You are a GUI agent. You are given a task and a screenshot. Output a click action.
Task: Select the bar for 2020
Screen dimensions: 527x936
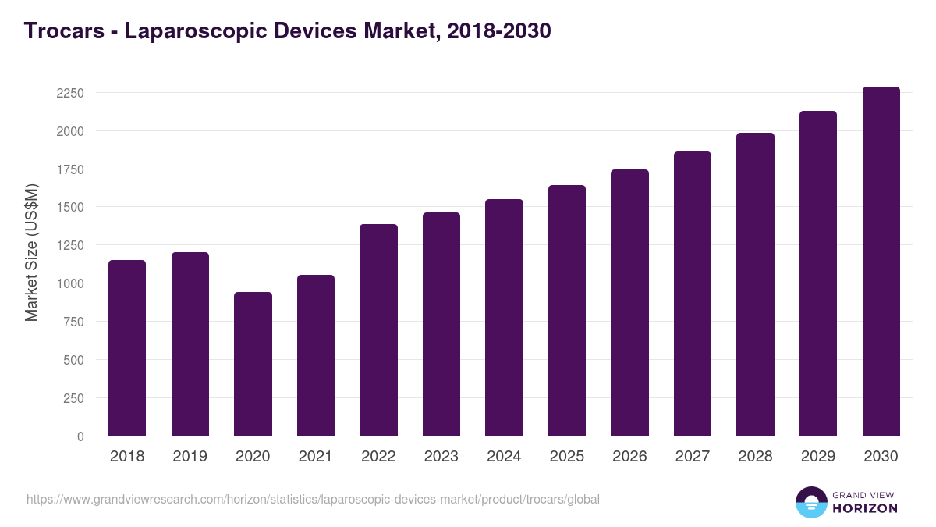coord(253,364)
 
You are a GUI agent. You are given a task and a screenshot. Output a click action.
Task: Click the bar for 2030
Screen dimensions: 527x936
coord(881,261)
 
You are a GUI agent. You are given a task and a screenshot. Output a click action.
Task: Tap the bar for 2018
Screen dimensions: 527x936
coord(127,347)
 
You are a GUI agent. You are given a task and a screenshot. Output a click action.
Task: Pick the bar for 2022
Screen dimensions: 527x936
coord(378,329)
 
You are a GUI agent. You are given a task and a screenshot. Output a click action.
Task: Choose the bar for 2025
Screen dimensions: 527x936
coord(567,310)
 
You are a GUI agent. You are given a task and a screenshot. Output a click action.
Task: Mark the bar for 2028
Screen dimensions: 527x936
coord(755,284)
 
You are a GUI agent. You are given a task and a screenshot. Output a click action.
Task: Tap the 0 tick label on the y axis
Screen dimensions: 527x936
coord(80,436)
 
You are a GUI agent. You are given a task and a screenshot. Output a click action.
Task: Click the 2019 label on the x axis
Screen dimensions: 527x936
coord(190,457)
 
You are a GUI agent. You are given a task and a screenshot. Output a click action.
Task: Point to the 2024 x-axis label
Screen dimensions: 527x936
coord(504,457)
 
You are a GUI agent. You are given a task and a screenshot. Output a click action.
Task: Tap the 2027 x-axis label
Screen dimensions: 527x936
coord(693,457)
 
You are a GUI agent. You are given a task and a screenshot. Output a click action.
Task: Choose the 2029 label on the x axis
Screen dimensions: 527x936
coord(818,457)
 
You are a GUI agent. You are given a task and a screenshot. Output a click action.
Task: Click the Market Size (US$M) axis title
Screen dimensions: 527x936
coord(31,252)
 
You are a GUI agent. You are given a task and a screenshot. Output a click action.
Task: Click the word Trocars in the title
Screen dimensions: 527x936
coord(63,31)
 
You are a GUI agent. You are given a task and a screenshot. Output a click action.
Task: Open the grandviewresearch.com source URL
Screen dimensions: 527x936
coord(313,499)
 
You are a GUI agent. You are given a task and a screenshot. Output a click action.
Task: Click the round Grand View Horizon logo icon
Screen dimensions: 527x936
coord(811,503)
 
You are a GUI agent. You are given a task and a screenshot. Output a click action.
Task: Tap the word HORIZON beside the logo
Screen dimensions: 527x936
coord(865,508)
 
